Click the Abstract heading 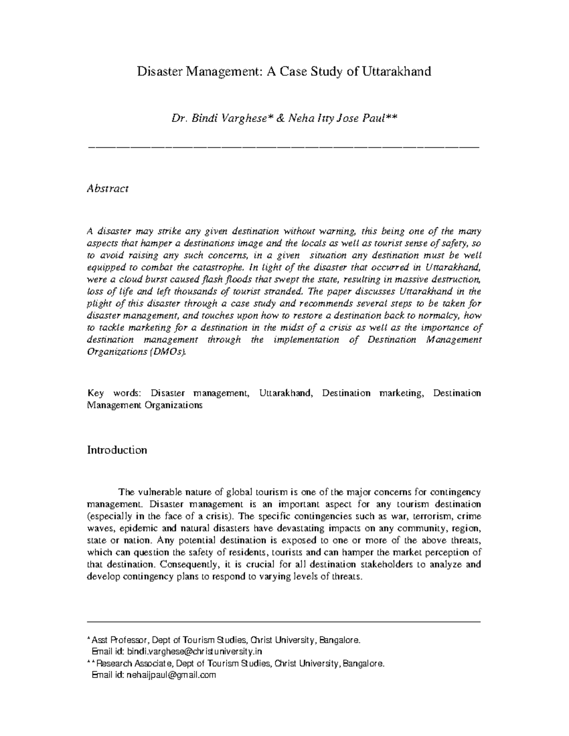pyautogui.click(x=108, y=189)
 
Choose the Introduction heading pyautogui.click(x=117, y=450)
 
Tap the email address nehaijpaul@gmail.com pyautogui.click(x=170, y=675)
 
